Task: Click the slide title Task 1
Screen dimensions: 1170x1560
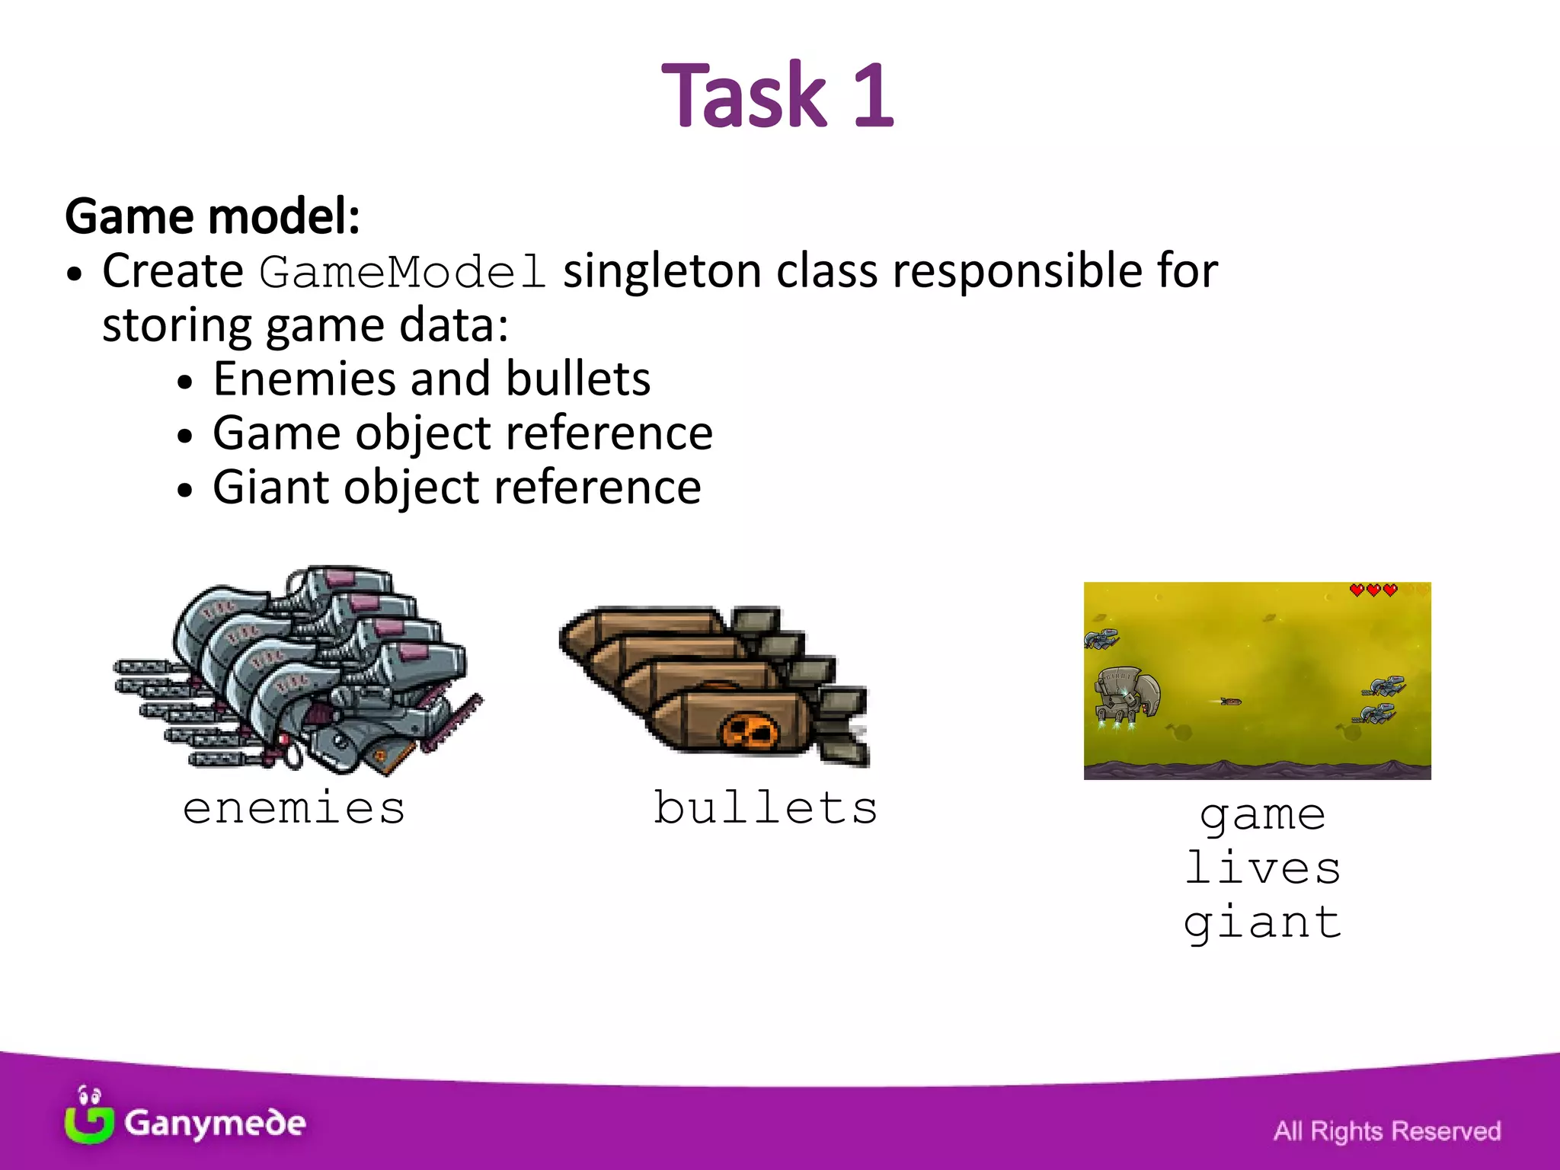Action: pyautogui.click(x=778, y=96)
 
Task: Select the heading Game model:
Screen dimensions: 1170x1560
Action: pyautogui.click(x=213, y=216)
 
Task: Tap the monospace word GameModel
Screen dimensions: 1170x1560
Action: pyautogui.click(x=402, y=273)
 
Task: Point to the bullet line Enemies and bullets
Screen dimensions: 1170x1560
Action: pyautogui.click(x=431, y=379)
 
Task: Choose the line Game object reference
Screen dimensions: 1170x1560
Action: pyautogui.click(x=462, y=433)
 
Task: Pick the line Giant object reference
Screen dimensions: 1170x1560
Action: pyautogui.click(x=456, y=487)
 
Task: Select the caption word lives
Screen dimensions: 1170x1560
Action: pyautogui.click(x=1262, y=868)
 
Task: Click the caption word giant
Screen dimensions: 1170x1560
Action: pyautogui.click(x=1262, y=923)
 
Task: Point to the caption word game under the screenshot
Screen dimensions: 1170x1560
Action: pyautogui.click(x=1262, y=815)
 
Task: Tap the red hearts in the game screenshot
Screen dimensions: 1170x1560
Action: pyautogui.click(x=1373, y=590)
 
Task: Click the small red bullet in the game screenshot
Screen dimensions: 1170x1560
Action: pyautogui.click(x=1230, y=702)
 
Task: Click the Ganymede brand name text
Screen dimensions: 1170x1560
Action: pyautogui.click(x=215, y=1124)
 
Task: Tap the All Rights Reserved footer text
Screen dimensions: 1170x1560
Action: pyautogui.click(x=1386, y=1131)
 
